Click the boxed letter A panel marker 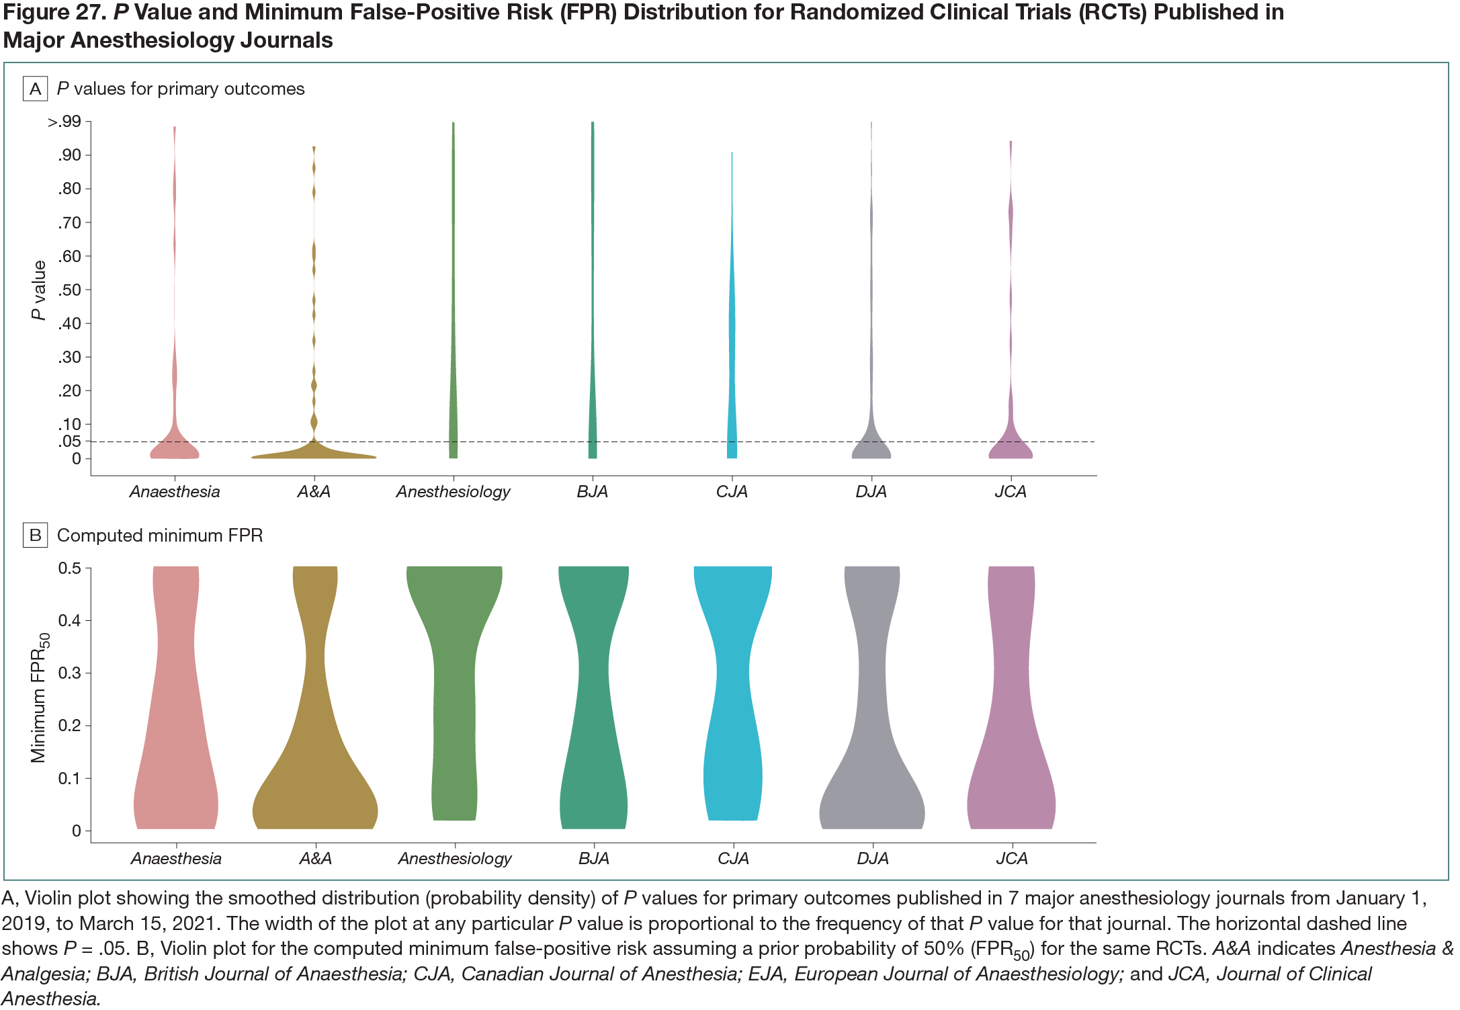[35, 89]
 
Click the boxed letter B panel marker [35, 535]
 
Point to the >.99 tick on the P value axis [65, 122]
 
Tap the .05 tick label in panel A [69, 441]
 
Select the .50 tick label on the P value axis [69, 290]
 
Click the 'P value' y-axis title [39, 290]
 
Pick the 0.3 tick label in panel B [69, 673]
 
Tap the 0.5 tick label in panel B [69, 568]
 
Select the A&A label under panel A [314, 491]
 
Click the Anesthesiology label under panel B [455, 858]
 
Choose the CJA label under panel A [732, 491]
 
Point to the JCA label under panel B [1012, 858]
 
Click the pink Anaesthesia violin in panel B [176, 739]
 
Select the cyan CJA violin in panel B [733, 706]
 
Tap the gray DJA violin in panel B [872, 739]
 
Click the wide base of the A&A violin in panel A [314, 453]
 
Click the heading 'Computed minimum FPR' [160, 535]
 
